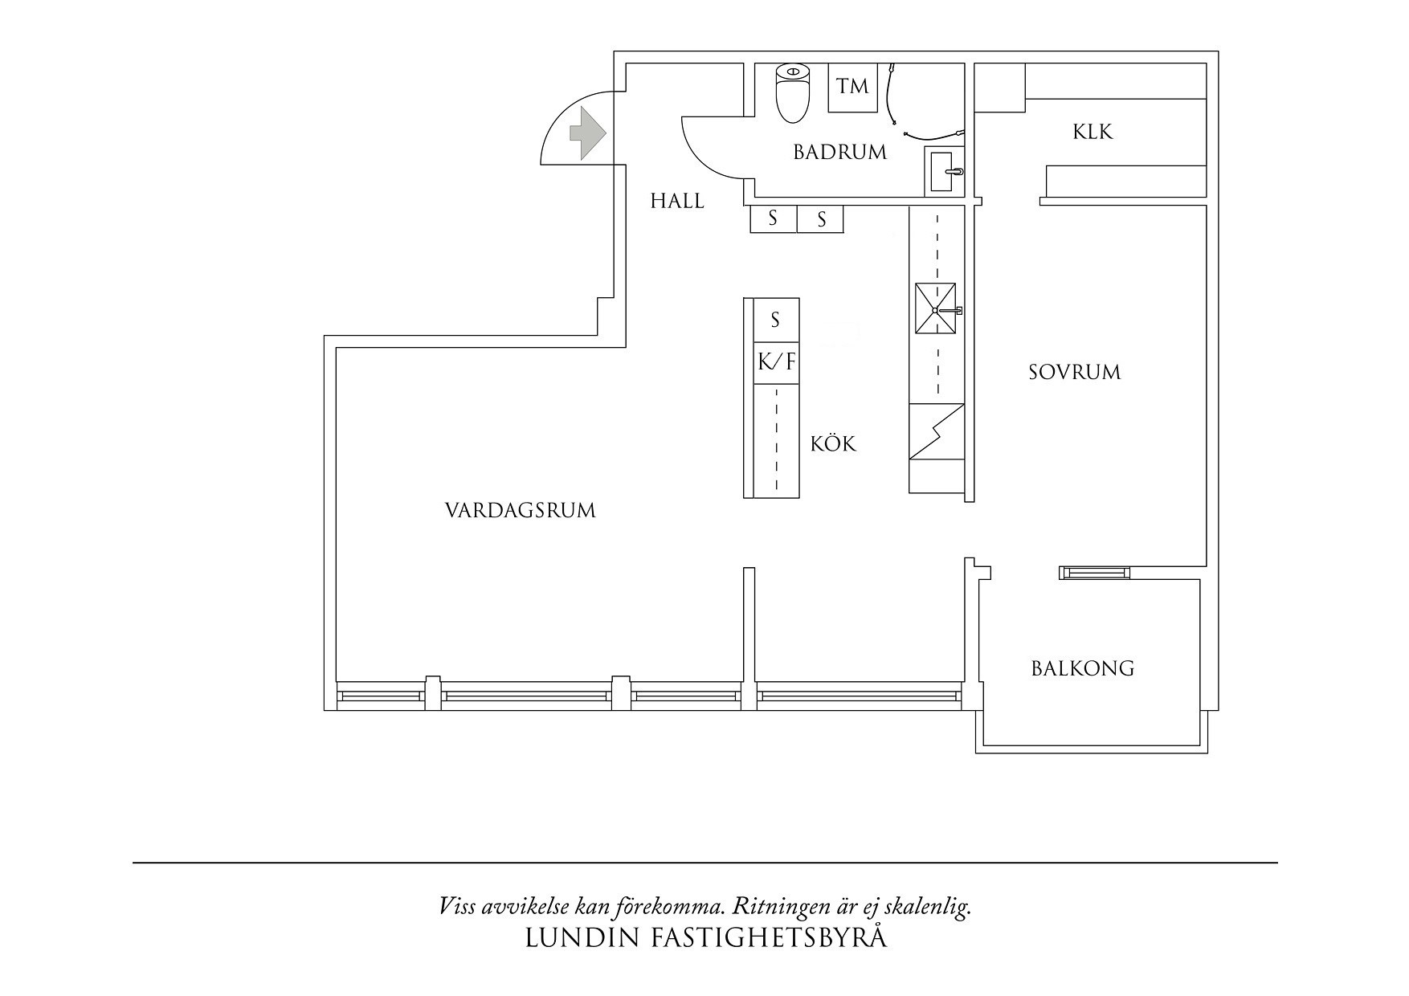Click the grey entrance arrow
[587, 133]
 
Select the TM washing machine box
[852, 87]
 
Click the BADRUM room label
[839, 152]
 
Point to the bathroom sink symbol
[943, 171]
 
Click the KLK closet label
[1092, 132]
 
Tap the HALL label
[676, 201]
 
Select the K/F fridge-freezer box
[776, 362]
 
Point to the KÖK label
[833, 443]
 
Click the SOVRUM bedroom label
[1074, 372]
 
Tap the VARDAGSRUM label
[520, 510]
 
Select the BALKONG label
[1082, 668]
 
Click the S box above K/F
[775, 320]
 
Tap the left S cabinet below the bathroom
[773, 218]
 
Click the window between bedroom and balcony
[1093, 572]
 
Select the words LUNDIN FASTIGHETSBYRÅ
[705, 938]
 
